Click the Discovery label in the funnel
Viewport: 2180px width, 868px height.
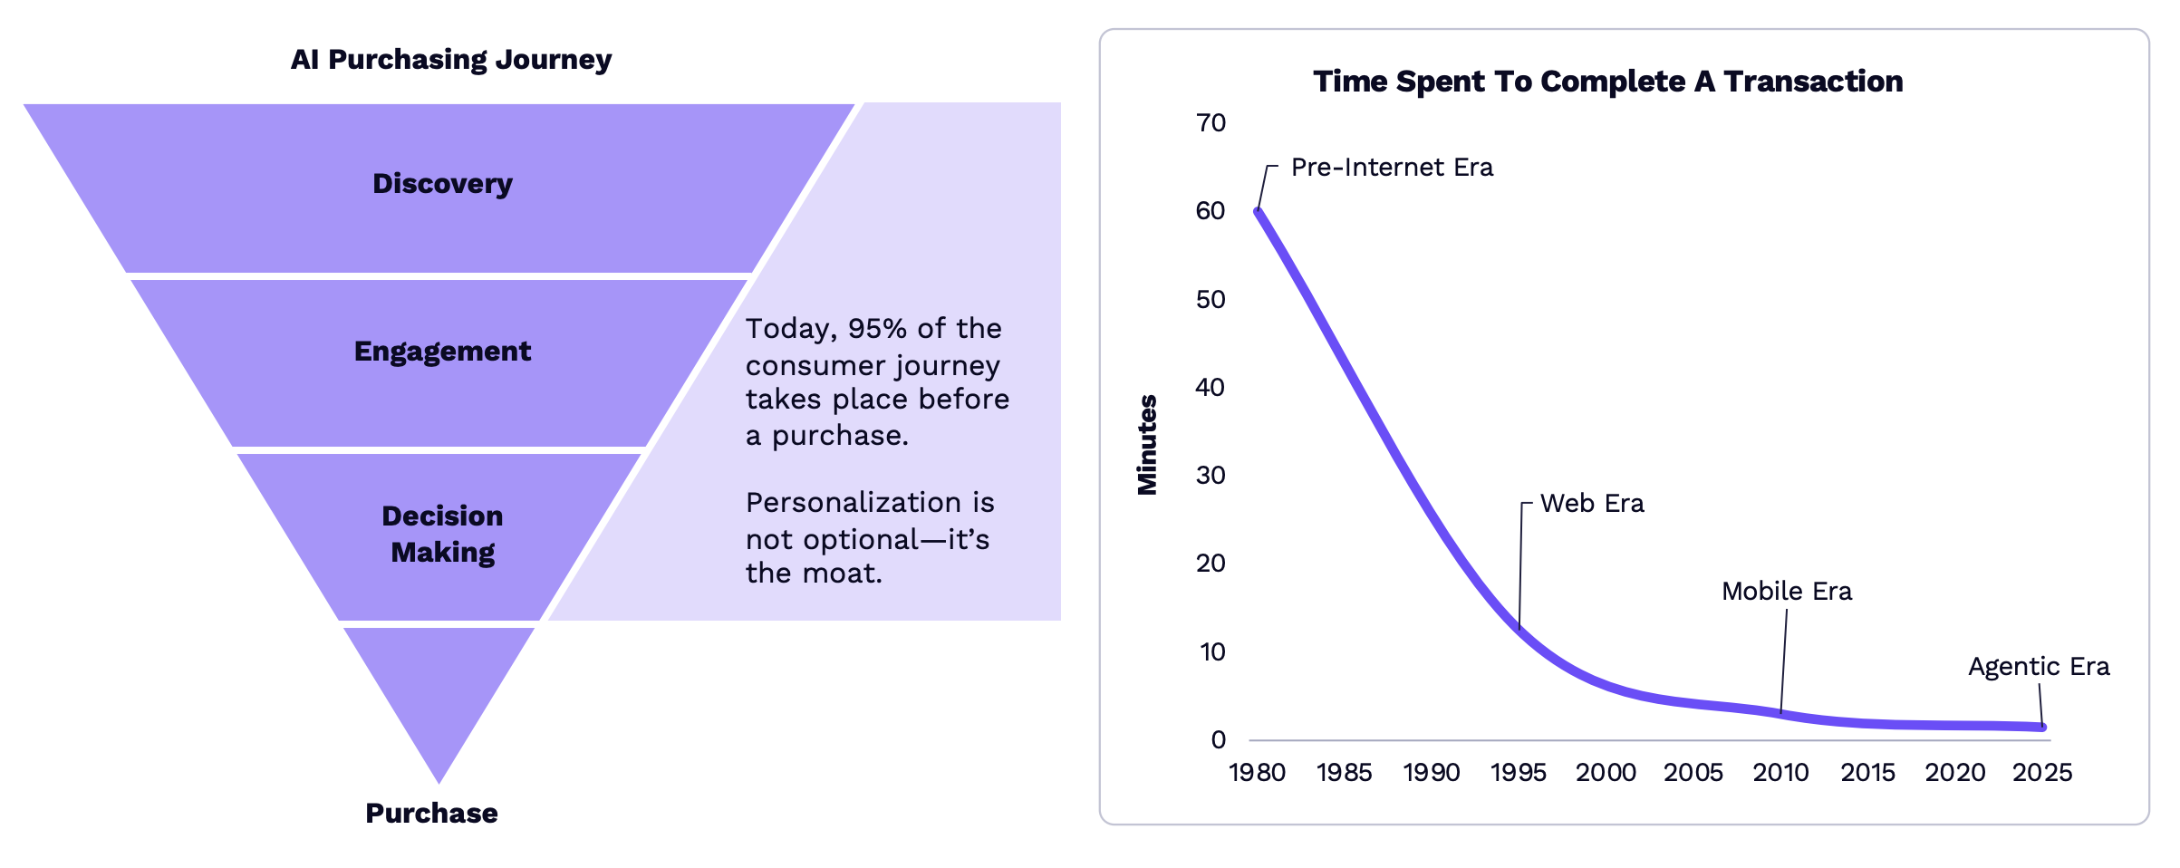(x=442, y=184)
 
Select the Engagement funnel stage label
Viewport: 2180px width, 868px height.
(x=442, y=352)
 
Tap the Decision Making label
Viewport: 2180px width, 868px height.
(x=442, y=534)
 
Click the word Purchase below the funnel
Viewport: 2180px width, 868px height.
(x=431, y=813)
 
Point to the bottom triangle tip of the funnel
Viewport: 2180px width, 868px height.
(x=439, y=783)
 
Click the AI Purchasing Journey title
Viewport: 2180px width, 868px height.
(x=451, y=60)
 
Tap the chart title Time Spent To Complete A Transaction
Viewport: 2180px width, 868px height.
(x=1608, y=82)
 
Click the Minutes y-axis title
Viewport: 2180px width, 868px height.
(x=1147, y=445)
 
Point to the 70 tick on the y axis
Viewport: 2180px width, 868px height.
(x=1211, y=123)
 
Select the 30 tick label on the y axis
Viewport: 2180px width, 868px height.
(x=1211, y=476)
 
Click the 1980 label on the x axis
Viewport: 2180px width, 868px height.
(x=1258, y=773)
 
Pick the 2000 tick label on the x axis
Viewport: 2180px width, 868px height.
(x=1606, y=773)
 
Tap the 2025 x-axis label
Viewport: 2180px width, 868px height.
(x=2043, y=773)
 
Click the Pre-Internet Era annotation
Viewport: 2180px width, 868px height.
(x=1393, y=168)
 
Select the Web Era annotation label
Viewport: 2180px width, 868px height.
(x=1592, y=504)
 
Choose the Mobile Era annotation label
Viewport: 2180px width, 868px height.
(x=1787, y=592)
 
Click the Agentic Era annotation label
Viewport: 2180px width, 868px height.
(x=2039, y=668)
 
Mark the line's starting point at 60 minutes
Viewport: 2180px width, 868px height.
(x=1258, y=211)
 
